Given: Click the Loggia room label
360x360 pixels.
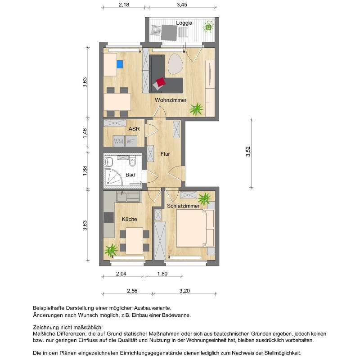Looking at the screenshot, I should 184,22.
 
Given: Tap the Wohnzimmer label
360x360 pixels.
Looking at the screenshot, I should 171,100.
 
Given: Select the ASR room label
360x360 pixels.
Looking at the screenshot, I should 134,129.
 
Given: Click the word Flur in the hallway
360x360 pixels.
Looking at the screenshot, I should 165,154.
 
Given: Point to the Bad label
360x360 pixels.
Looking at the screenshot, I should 130,175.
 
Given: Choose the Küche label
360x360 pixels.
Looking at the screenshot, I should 129,219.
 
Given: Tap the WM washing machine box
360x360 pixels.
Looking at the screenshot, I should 118,141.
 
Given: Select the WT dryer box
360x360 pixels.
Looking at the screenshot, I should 130,141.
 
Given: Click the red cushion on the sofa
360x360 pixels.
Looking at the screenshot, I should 159,83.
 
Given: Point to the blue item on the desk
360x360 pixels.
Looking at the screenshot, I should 120,64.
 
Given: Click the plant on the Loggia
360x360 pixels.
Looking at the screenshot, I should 209,27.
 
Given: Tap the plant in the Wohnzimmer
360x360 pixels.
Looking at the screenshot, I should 196,108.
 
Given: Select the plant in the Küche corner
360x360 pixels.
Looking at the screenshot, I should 111,249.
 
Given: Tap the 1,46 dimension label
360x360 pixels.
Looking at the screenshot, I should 85,134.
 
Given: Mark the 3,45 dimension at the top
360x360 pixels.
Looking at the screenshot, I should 181,4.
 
